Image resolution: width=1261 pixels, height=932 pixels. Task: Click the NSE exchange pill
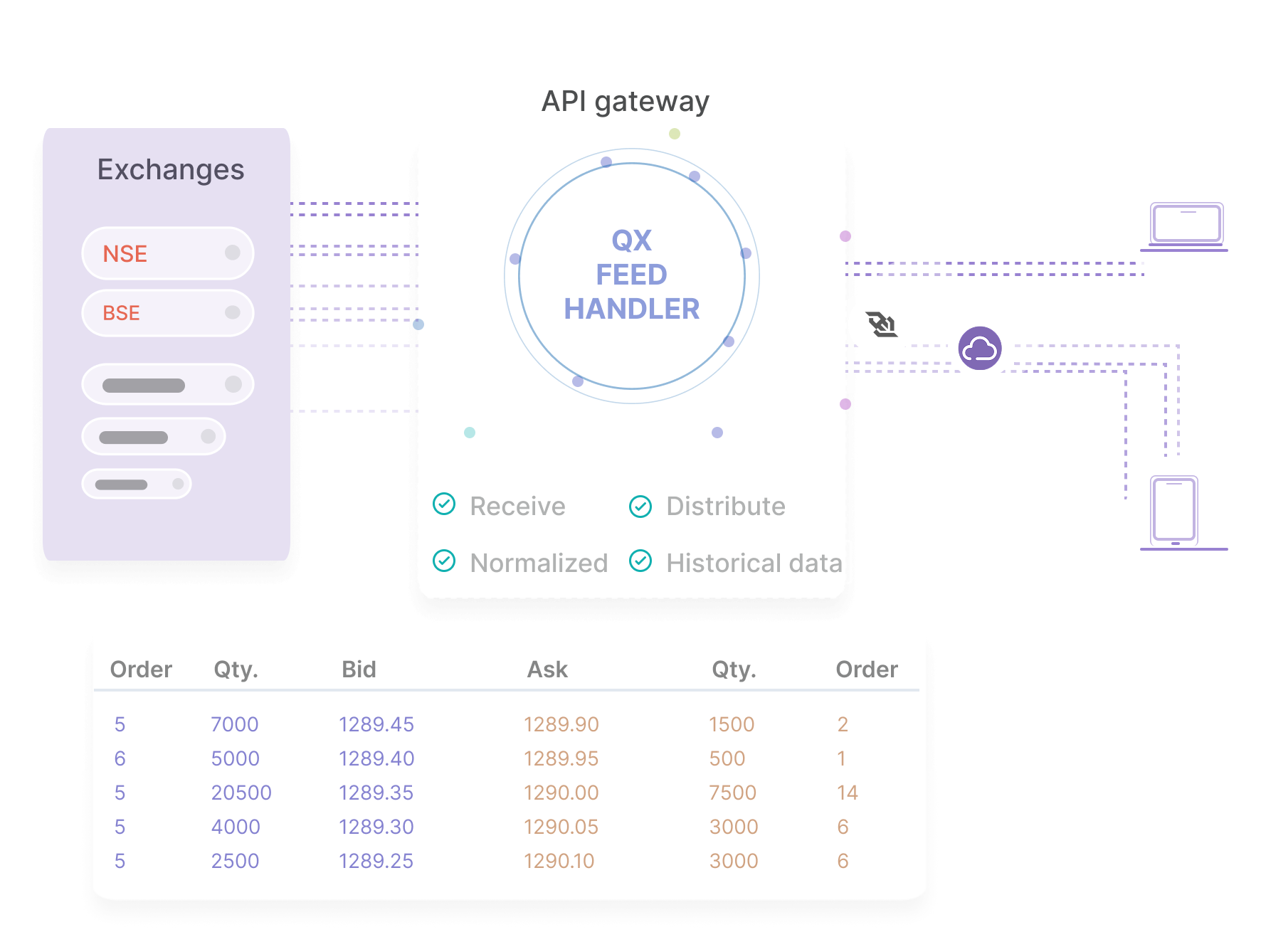(x=167, y=253)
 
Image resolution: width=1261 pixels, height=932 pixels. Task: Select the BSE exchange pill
(x=167, y=313)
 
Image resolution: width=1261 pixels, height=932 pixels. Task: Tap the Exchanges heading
(x=171, y=170)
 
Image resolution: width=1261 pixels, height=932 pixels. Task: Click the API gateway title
(x=625, y=102)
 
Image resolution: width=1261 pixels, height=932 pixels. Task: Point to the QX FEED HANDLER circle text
(x=631, y=275)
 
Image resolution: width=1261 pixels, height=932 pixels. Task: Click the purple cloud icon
(x=980, y=348)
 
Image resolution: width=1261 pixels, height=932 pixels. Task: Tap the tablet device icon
(x=1174, y=509)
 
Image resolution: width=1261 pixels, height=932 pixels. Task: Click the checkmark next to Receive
(x=444, y=504)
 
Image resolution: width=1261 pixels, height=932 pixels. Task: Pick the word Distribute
(x=725, y=506)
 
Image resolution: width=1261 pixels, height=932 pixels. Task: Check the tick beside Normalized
(x=444, y=561)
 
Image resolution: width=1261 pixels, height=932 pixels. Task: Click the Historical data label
(x=754, y=563)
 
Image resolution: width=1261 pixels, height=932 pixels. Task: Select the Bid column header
(x=359, y=669)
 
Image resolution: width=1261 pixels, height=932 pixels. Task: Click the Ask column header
(x=547, y=669)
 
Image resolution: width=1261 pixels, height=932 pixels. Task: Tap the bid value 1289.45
(x=376, y=724)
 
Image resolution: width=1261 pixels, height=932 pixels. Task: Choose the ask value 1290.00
(x=561, y=793)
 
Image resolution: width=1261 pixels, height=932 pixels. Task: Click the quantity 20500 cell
(x=241, y=793)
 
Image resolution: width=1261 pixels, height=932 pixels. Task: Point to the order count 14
(x=848, y=793)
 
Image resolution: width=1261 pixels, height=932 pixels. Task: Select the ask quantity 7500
(x=732, y=793)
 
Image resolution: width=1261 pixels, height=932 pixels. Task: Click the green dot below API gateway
(x=675, y=134)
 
